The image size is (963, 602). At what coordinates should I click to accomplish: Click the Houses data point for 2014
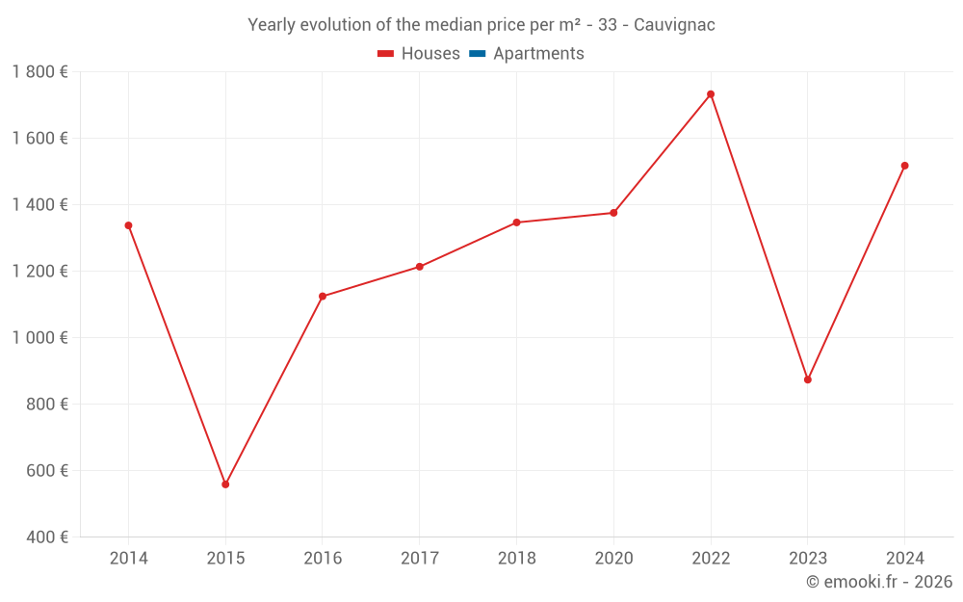pos(128,225)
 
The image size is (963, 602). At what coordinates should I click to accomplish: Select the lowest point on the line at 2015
pos(225,484)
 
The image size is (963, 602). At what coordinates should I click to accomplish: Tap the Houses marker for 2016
pos(323,297)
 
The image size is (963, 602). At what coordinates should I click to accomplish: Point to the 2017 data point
pos(420,267)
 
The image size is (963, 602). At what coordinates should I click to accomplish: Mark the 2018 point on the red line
pos(516,222)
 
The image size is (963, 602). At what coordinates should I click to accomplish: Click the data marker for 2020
pos(613,213)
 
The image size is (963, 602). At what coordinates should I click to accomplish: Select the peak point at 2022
pos(711,94)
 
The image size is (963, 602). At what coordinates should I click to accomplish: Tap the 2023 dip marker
pos(808,380)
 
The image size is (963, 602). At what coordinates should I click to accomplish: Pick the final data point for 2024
pos(904,166)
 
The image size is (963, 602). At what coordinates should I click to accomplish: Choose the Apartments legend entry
pos(537,54)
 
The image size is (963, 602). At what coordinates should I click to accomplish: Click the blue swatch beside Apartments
pos(477,54)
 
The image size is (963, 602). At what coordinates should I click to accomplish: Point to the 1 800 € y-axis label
pos(39,72)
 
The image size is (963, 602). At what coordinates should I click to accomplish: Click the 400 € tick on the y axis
pos(45,537)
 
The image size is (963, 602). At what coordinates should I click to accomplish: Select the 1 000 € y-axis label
pos(39,338)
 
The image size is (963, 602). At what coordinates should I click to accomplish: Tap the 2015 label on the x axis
pos(225,559)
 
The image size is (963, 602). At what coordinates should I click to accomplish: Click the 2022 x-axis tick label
pos(711,559)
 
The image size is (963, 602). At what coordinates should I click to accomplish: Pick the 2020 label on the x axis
pos(613,559)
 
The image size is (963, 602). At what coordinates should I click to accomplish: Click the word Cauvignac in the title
pos(674,25)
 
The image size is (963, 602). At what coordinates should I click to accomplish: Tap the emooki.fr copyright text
pos(879,582)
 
